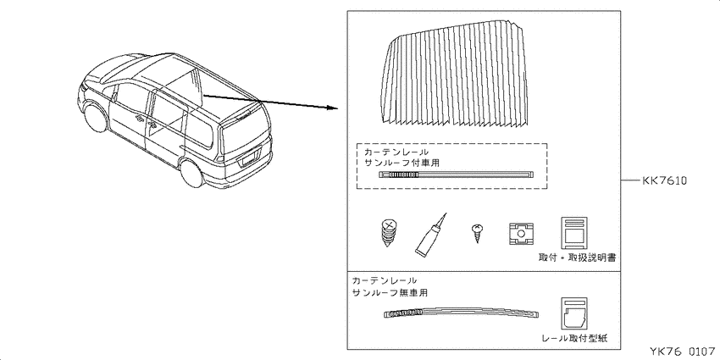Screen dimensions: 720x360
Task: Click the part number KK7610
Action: pos(664,181)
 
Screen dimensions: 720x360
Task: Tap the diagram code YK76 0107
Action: pos(682,352)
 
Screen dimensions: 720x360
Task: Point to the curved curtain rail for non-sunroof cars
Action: pos(461,313)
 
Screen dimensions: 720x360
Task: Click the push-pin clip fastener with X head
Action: pos(390,232)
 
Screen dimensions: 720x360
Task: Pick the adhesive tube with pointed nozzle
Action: pos(430,235)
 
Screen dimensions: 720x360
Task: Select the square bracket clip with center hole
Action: pos(521,233)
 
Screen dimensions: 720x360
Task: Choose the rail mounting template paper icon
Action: pos(574,313)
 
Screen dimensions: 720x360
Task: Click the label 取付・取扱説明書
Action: pos(577,258)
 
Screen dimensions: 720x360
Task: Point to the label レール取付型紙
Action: pos(574,339)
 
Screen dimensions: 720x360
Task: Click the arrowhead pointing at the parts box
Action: pos(334,108)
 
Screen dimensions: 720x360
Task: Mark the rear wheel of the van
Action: pos(191,172)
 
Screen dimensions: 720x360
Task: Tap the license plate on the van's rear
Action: pos(248,159)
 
